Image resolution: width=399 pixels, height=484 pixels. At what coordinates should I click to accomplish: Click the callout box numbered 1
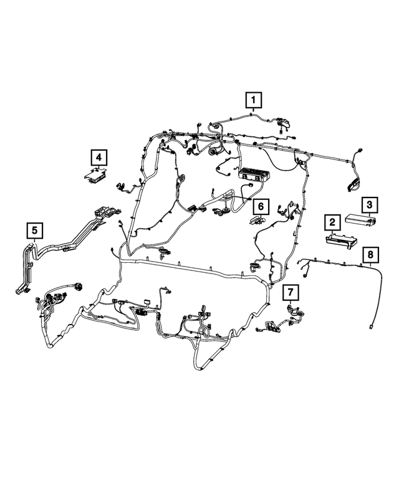click(254, 100)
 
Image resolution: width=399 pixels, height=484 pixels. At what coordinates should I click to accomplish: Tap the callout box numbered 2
click(332, 222)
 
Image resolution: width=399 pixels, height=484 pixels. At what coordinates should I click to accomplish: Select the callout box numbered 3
click(369, 205)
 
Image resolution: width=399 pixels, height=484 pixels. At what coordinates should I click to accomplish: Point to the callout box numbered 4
click(99, 158)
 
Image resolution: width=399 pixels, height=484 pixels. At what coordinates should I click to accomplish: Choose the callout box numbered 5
click(34, 230)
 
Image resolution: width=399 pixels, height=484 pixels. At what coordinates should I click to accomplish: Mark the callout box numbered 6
click(261, 206)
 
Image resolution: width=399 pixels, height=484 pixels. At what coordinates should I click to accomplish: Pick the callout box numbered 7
click(291, 292)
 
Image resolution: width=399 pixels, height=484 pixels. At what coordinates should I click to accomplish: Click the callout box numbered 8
click(370, 255)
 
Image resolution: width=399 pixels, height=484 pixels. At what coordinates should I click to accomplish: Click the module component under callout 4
click(96, 175)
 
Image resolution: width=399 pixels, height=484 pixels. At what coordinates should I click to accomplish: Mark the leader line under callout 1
click(254, 111)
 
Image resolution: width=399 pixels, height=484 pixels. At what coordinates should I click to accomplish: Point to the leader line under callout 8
click(370, 265)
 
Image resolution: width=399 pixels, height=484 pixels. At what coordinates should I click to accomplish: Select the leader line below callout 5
click(34, 241)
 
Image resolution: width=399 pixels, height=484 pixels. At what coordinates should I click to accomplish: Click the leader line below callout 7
click(291, 303)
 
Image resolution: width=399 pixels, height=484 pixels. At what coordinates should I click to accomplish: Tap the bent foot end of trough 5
click(22, 290)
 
